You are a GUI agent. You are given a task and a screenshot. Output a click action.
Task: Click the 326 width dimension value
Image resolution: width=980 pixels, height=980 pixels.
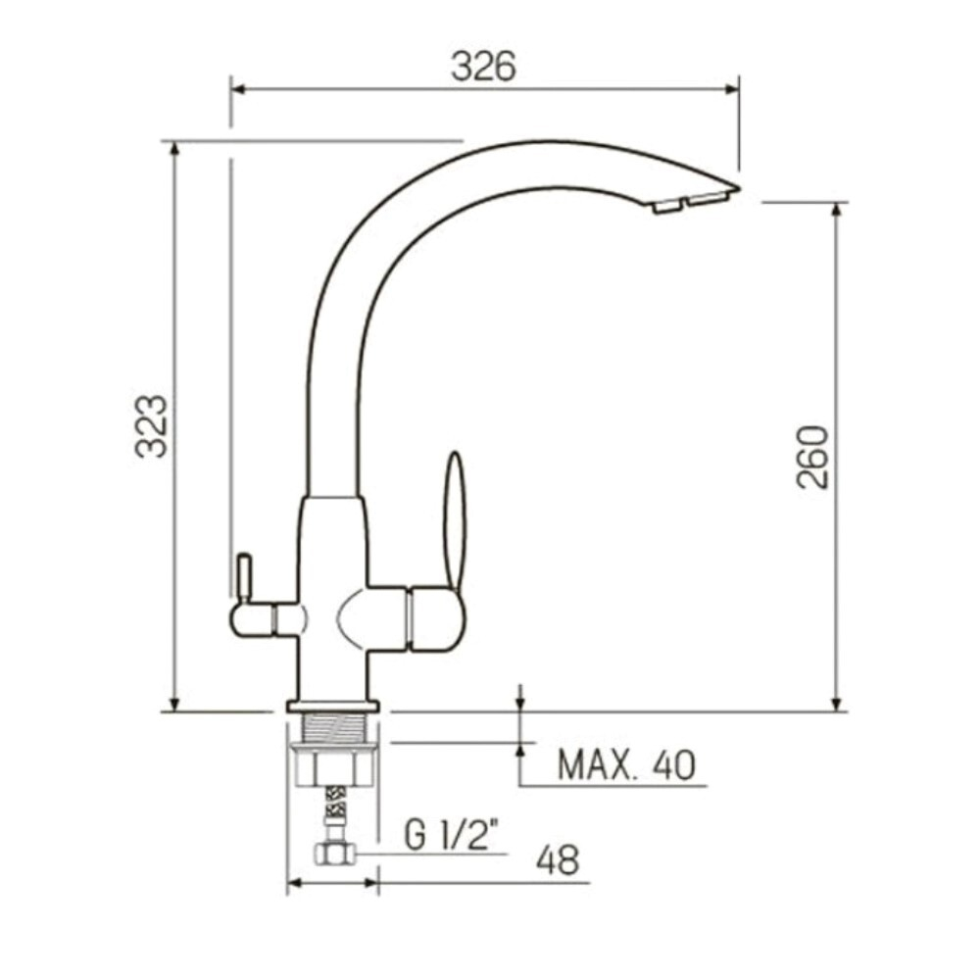click(x=482, y=66)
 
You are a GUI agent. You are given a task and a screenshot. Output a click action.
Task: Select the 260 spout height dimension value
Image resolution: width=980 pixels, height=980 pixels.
click(x=812, y=457)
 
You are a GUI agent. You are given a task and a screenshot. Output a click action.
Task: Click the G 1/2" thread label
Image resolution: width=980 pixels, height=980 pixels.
click(x=452, y=835)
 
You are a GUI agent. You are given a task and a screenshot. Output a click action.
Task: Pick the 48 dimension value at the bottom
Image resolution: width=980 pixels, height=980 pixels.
click(x=558, y=859)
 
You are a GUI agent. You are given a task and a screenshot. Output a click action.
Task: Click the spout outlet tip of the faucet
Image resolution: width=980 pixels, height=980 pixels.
click(x=691, y=201)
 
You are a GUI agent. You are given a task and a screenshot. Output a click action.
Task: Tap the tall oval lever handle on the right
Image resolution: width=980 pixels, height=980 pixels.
click(x=455, y=519)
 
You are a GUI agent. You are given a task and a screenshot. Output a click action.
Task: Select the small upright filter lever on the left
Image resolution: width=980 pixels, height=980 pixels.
click(x=242, y=578)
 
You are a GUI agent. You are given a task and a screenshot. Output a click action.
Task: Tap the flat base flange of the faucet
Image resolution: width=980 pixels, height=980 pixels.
click(x=332, y=706)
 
